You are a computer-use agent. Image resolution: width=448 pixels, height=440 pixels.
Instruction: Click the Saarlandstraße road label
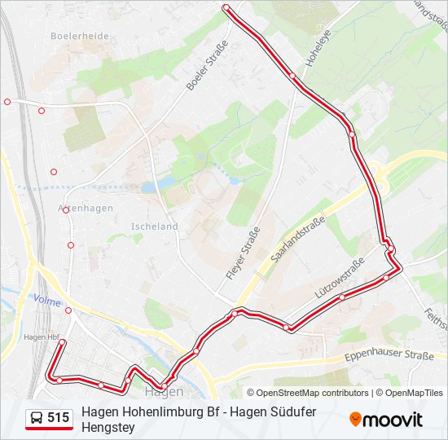298,239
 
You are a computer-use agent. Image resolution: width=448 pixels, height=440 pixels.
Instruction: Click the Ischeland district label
154,227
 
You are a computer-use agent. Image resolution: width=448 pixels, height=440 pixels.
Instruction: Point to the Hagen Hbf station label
42,337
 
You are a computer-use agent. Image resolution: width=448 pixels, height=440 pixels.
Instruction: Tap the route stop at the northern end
226,7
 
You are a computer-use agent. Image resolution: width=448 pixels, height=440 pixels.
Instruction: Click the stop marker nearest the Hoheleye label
292,76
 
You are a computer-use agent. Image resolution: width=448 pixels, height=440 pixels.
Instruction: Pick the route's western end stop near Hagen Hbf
61,344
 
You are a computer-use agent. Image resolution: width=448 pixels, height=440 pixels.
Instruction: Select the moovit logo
386,420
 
